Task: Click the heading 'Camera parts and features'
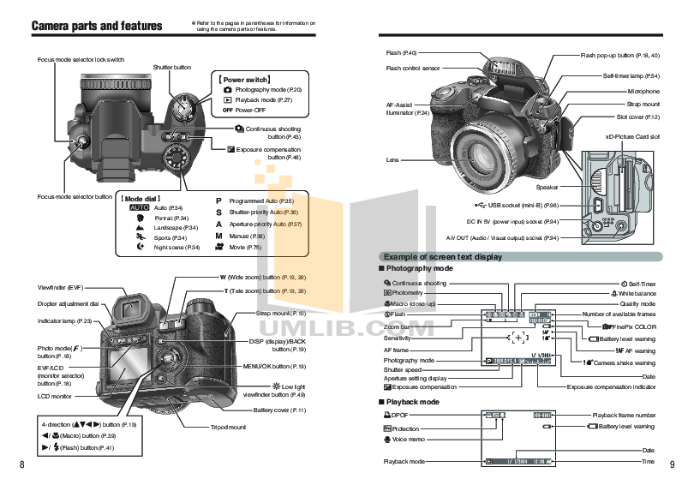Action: [97, 26]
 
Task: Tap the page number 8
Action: [21, 465]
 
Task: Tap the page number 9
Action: [673, 465]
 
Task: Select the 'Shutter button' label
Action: [172, 66]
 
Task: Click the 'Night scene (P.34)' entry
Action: [176, 247]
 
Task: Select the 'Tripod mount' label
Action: [228, 427]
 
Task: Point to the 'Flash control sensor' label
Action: [413, 69]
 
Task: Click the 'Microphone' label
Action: [643, 91]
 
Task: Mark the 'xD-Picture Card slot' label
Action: [631, 136]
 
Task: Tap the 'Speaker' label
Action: [547, 187]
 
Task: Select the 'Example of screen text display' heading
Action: [442, 257]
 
